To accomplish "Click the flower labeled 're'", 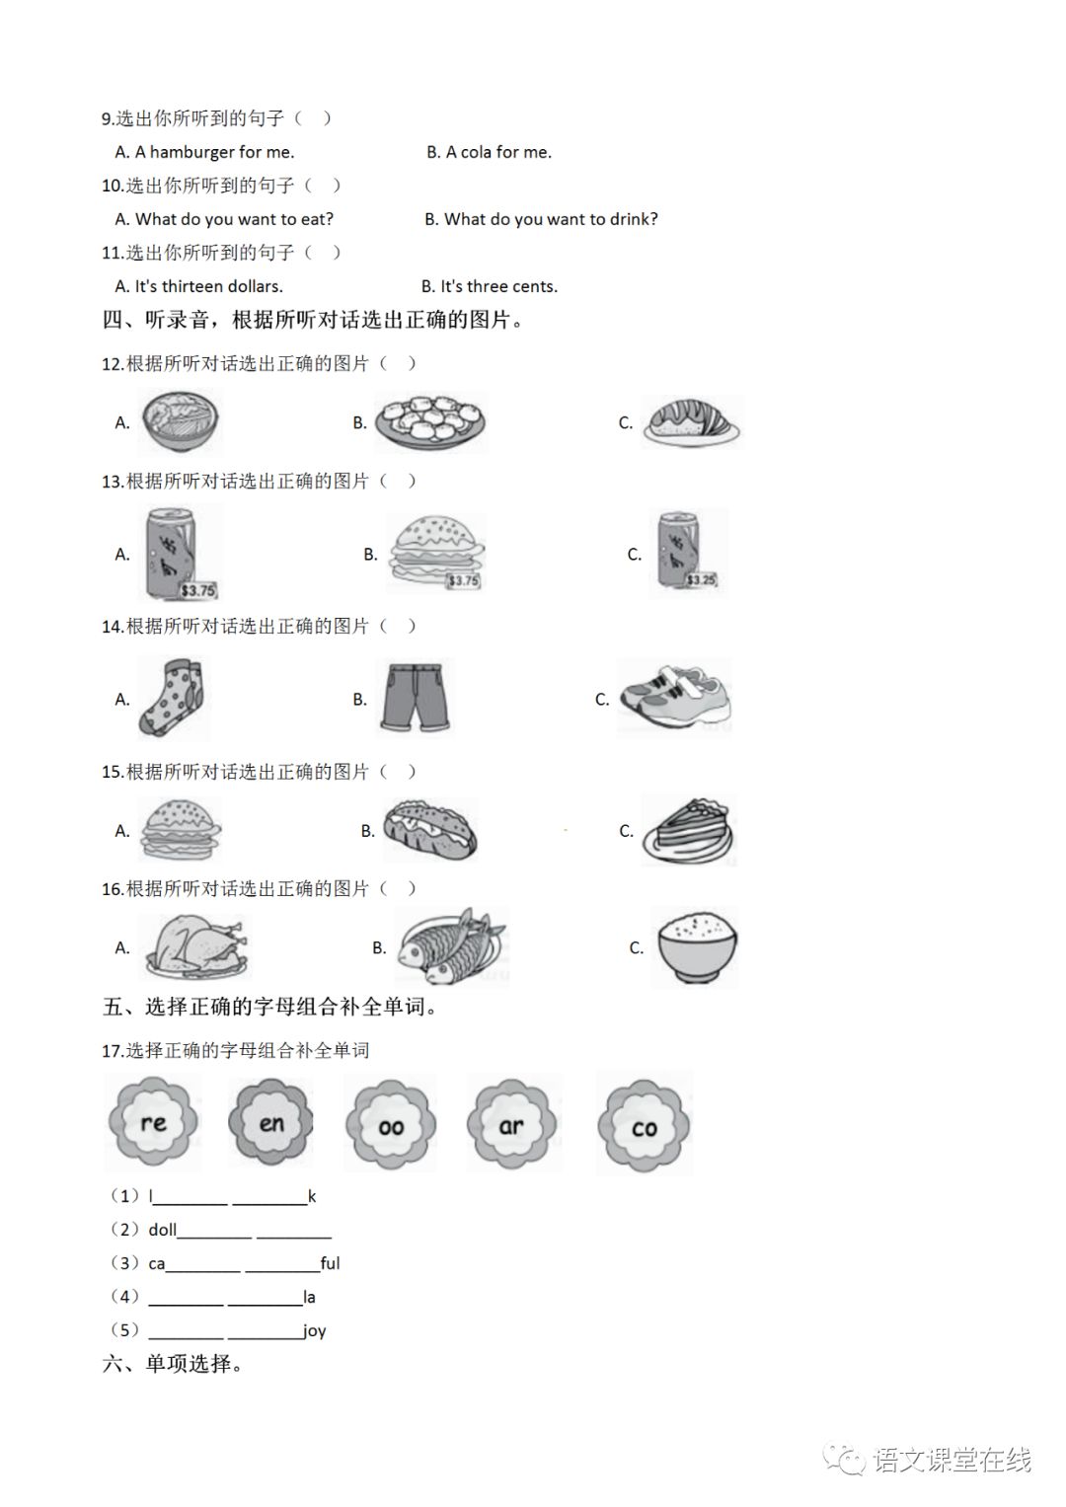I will click(x=153, y=1123).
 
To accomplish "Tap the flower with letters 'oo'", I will click(x=391, y=1125).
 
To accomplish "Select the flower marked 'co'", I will click(x=644, y=1127).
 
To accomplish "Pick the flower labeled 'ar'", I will click(x=511, y=1125).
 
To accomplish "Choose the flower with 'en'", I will click(x=271, y=1122).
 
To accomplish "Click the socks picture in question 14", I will click(x=174, y=698).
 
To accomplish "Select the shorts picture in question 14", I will click(x=416, y=697).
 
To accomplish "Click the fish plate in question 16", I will click(x=450, y=947).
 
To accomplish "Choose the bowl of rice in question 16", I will click(x=695, y=947).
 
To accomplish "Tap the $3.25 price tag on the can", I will click(x=701, y=579).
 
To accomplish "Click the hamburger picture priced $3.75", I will click(x=437, y=553).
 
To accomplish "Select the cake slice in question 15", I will click(x=689, y=832).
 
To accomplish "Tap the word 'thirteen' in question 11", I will click(x=192, y=286).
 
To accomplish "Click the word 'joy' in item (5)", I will click(x=315, y=1330).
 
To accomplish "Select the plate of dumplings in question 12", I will click(x=430, y=422).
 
